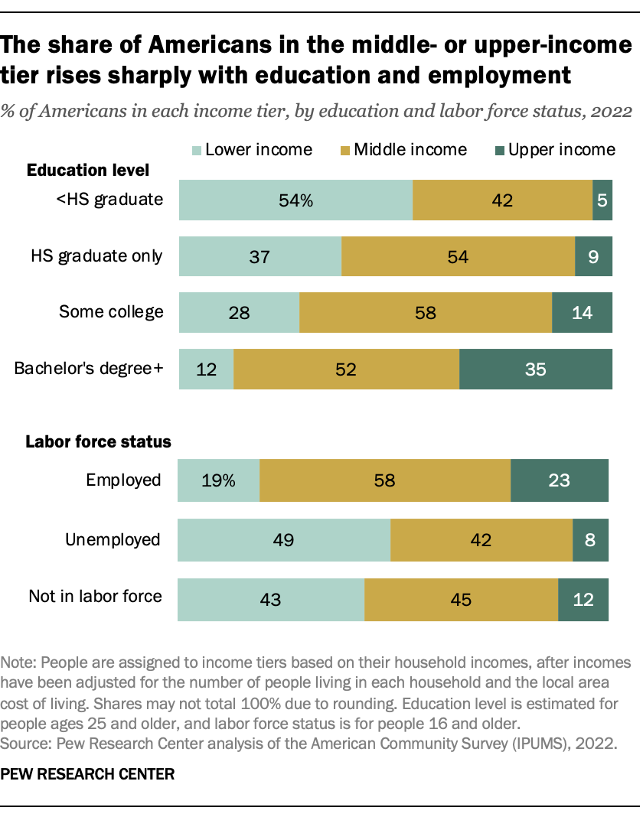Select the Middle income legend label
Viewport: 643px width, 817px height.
point(410,149)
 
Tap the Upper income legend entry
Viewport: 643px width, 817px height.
point(562,149)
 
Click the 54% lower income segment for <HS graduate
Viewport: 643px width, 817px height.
point(295,201)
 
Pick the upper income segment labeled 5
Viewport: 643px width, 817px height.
point(602,201)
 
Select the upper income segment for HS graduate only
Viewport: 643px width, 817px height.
point(594,256)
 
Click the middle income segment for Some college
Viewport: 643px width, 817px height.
point(426,312)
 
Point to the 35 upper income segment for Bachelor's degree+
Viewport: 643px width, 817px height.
point(536,369)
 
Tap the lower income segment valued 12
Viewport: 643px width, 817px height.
point(206,369)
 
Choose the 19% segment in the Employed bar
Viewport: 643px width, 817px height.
point(218,480)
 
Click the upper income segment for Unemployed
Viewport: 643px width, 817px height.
point(590,540)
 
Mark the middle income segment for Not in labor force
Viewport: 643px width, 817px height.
point(461,599)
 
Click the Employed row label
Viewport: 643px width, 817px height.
point(123,480)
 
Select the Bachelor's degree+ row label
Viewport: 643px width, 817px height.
point(89,369)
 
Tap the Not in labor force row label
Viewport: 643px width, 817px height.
point(95,596)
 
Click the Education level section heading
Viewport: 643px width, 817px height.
point(88,170)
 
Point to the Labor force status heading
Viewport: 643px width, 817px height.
point(98,441)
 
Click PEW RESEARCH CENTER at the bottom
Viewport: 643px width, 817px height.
point(87,774)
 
